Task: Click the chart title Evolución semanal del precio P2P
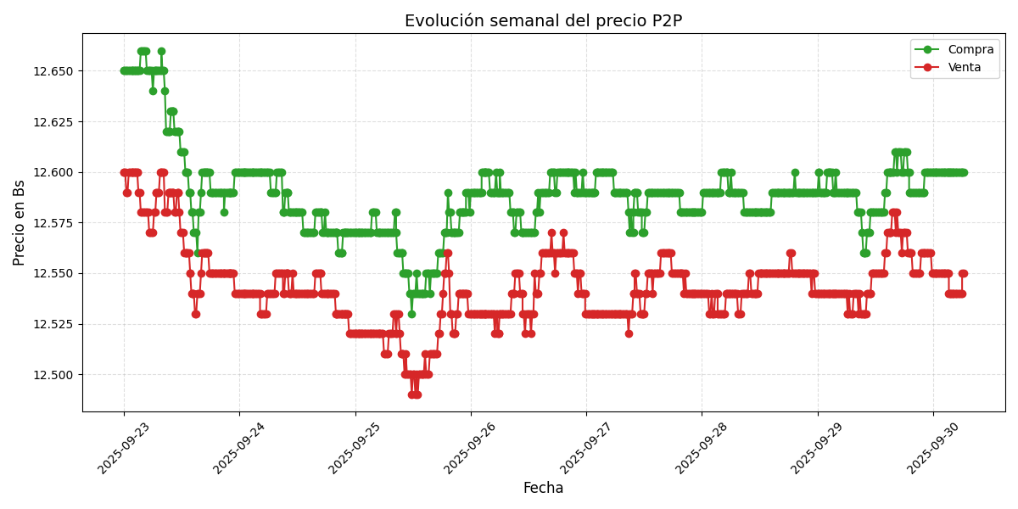tap(543, 21)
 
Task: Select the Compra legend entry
tap(970, 50)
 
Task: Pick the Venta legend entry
tap(965, 67)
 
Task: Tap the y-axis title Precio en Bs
tap(20, 222)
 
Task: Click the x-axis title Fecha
tap(543, 488)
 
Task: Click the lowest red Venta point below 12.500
tap(414, 394)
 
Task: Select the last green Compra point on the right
tap(964, 172)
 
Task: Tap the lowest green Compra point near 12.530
tap(411, 314)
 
